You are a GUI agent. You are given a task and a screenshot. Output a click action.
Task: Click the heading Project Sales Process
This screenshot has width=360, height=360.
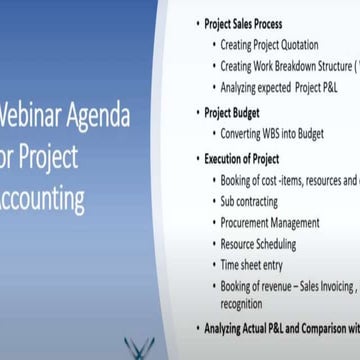(243, 24)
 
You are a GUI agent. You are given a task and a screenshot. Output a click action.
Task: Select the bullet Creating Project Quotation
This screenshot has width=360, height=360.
(269, 45)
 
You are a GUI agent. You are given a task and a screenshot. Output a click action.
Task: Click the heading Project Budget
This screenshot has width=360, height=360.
(231, 113)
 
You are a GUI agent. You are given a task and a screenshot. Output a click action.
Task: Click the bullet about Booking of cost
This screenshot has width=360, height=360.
(288, 181)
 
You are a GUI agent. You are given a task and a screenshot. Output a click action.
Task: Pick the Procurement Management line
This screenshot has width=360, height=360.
(270, 222)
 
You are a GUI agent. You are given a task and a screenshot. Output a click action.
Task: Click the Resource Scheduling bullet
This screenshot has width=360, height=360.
(258, 243)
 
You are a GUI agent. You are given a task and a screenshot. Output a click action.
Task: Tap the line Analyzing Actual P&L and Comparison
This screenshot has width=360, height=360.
(280, 327)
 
